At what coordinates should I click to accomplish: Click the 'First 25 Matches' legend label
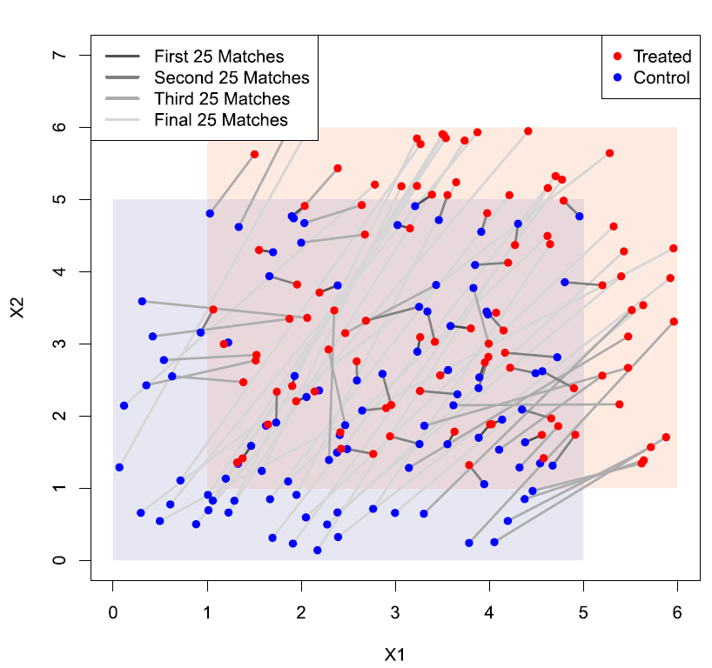coord(218,57)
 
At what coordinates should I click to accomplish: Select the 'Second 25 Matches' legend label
coord(232,77)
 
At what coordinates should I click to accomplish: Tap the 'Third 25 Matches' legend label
coord(222,99)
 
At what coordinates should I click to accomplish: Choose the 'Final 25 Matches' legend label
coord(220,120)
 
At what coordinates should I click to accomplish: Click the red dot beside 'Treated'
coord(618,57)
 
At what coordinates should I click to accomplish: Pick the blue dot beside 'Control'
coord(618,78)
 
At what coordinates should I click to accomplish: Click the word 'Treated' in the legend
coord(662,57)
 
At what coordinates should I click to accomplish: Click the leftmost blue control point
coord(119,467)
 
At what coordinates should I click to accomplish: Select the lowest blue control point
coord(318,550)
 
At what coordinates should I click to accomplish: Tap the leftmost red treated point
coord(213,309)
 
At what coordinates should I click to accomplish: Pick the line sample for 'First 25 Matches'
coord(124,57)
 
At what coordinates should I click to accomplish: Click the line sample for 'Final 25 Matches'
coord(124,120)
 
